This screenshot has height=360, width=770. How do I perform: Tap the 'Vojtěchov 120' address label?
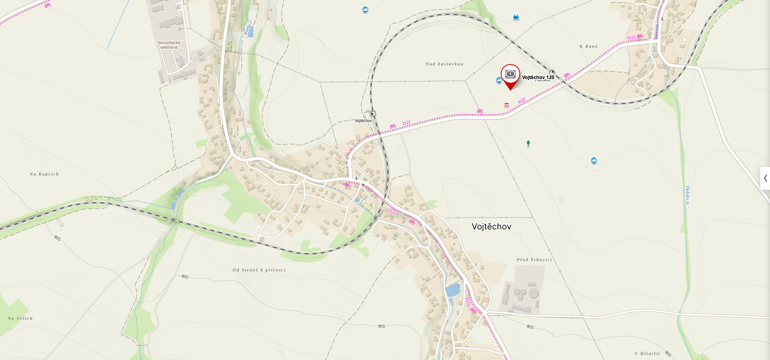(538, 77)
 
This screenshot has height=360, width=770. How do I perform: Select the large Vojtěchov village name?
(491, 227)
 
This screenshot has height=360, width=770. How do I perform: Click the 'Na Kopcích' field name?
(44, 174)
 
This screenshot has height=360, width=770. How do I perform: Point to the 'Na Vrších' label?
(20, 319)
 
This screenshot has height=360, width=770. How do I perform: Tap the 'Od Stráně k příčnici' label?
(259, 270)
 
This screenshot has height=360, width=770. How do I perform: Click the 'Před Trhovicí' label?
(534, 260)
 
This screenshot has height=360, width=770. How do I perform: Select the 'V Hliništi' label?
(647, 354)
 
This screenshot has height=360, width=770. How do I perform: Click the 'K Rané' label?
(588, 47)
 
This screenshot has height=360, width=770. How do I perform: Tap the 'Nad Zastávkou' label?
(444, 64)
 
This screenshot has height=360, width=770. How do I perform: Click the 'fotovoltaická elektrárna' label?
(169, 45)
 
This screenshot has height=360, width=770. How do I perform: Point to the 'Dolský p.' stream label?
(687, 195)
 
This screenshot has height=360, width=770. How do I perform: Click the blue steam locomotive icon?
(516, 17)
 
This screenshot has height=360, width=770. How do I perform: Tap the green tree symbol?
(528, 144)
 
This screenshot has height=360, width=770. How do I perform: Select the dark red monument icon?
(506, 105)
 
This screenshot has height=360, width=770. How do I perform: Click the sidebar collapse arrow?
(765, 178)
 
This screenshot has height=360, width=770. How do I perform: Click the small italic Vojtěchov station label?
(363, 121)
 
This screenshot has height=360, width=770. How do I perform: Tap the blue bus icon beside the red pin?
(499, 80)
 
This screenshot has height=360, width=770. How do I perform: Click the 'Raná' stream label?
(247, 30)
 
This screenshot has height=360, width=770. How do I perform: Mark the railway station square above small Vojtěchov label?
(373, 114)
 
